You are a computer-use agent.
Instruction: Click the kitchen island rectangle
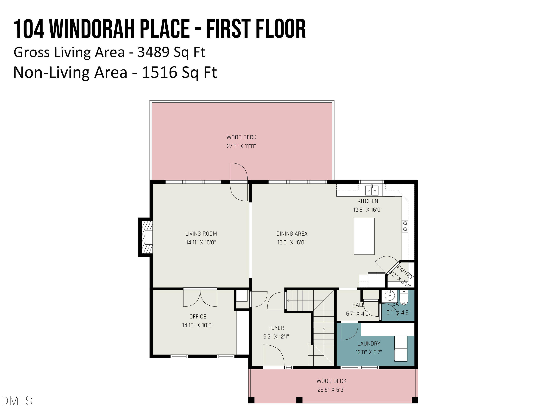364,236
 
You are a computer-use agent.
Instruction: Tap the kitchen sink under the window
372,190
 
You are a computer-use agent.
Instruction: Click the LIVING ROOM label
201,234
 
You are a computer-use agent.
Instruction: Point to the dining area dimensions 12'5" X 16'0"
292,242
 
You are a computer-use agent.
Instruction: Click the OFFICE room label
198,316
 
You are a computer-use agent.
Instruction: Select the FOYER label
276,328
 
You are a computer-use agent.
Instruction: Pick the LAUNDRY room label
369,343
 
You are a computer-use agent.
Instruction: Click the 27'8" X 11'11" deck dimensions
241,146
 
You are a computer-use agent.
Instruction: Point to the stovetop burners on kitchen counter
405,226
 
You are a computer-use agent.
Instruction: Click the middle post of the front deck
299,400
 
